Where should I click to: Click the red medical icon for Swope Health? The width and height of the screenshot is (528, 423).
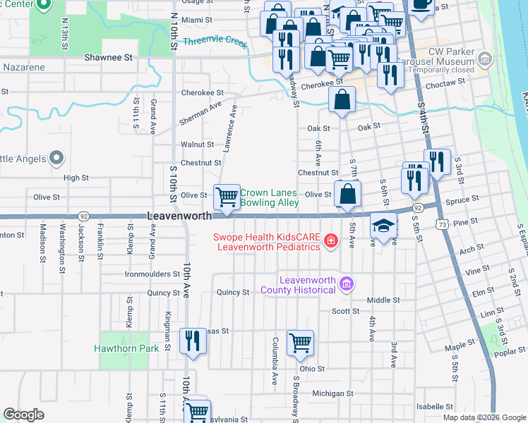point(330,243)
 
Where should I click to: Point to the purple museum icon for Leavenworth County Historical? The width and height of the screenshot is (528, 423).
point(346,285)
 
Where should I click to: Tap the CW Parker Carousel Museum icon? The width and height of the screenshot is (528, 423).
point(484,59)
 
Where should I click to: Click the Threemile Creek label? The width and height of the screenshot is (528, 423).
point(215,42)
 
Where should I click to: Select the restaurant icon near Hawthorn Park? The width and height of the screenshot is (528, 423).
point(192,341)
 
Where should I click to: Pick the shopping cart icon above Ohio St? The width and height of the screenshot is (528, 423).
point(301,343)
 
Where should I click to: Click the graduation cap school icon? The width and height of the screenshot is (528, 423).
point(383,226)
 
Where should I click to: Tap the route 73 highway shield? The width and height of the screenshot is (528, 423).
point(442,223)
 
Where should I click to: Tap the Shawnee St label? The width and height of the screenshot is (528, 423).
point(109,56)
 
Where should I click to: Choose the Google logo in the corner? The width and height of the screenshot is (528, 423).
point(24,415)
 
